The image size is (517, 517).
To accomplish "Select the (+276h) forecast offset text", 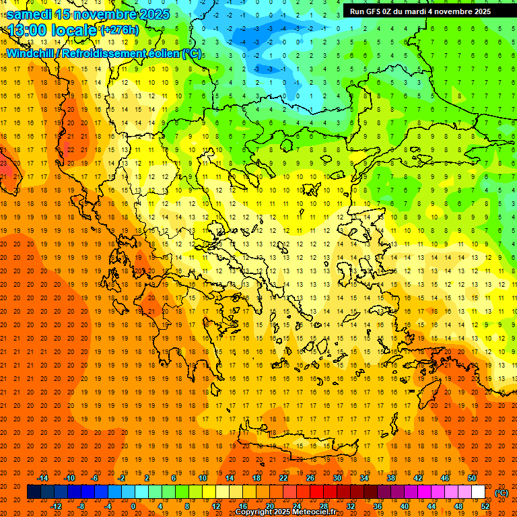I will (x=119, y=30).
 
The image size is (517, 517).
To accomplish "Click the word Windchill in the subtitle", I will (x=30, y=53).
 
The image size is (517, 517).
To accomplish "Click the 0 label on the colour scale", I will (x=133, y=506).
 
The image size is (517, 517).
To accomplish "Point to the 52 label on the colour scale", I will (x=485, y=506).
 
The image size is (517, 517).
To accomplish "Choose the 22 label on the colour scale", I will (x=283, y=478).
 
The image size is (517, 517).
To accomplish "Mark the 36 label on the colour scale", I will (x=377, y=506).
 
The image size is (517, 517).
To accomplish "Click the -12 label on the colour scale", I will (x=56, y=506).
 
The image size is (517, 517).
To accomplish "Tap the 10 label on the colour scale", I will (x=203, y=478).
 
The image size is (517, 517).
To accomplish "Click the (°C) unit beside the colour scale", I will (x=502, y=493).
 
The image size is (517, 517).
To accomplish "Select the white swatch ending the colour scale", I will (x=478, y=492).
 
